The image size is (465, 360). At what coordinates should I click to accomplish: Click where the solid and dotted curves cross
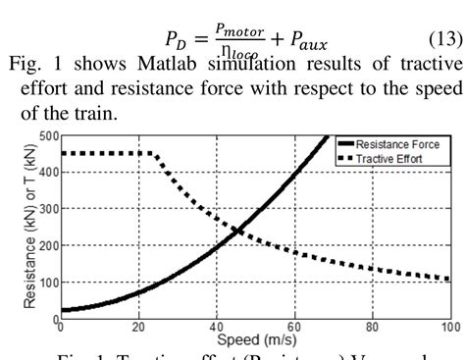(237, 231)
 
